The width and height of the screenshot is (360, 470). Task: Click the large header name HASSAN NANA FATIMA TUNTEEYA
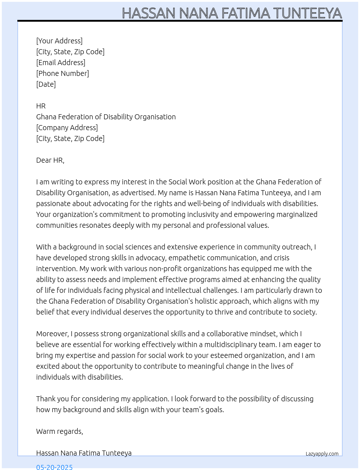232,13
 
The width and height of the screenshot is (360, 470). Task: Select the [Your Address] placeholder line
59,41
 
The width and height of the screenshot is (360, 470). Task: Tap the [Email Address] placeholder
61,63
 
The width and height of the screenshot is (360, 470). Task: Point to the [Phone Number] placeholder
63,73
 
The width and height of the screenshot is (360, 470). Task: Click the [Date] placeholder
46,84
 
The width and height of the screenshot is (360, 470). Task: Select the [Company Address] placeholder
67,128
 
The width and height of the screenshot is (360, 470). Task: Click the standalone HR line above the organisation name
41,106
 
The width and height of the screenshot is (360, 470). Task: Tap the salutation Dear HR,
50,160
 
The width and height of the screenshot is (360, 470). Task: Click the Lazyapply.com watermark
322,454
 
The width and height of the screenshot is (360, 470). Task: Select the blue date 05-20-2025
54,467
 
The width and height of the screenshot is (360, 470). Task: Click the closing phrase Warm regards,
60,431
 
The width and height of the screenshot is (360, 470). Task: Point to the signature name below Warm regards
84,453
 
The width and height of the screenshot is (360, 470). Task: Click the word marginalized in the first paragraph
297,214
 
